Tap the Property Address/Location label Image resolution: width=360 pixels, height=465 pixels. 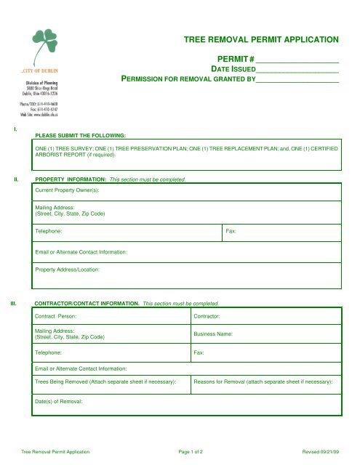pyautogui.click(x=67, y=270)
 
